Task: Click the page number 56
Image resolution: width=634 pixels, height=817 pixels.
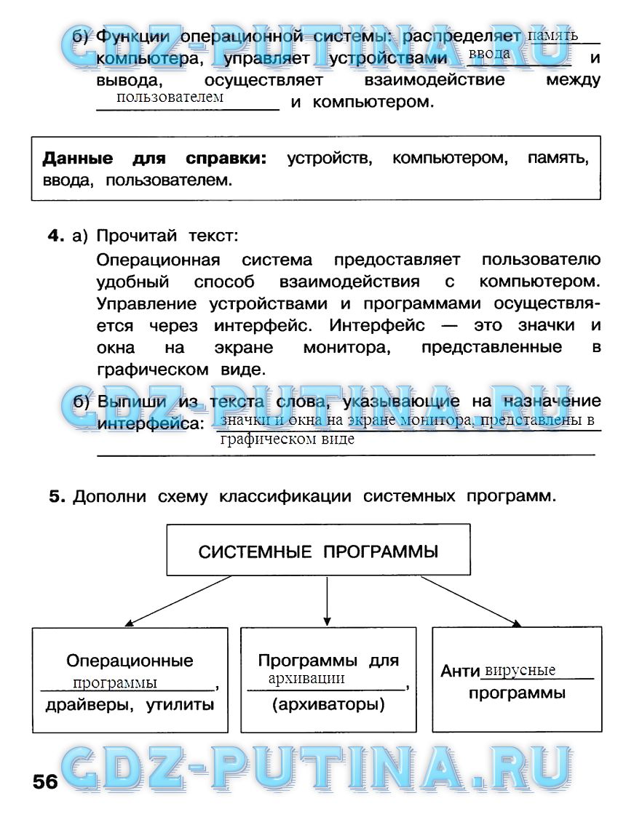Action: pyautogui.click(x=45, y=782)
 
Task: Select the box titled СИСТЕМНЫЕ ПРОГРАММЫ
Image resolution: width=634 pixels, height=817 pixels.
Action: pyautogui.click(x=318, y=551)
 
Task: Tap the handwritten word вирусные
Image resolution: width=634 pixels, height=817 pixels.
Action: pyautogui.click(x=520, y=670)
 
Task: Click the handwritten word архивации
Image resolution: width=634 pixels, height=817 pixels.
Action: pyautogui.click(x=306, y=678)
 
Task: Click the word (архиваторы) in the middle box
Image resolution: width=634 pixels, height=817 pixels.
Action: pyautogui.click(x=328, y=704)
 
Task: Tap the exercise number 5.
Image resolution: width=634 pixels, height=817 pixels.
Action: pyautogui.click(x=58, y=497)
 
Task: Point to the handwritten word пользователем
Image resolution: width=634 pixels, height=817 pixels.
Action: pyautogui.click(x=170, y=97)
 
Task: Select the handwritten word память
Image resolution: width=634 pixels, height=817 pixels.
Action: pyautogui.click(x=552, y=35)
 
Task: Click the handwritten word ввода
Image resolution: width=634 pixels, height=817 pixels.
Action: pyautogui.click(x=489, y=54)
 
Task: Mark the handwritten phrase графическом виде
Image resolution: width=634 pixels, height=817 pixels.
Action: pyautogui.click(x=287, y=439)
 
